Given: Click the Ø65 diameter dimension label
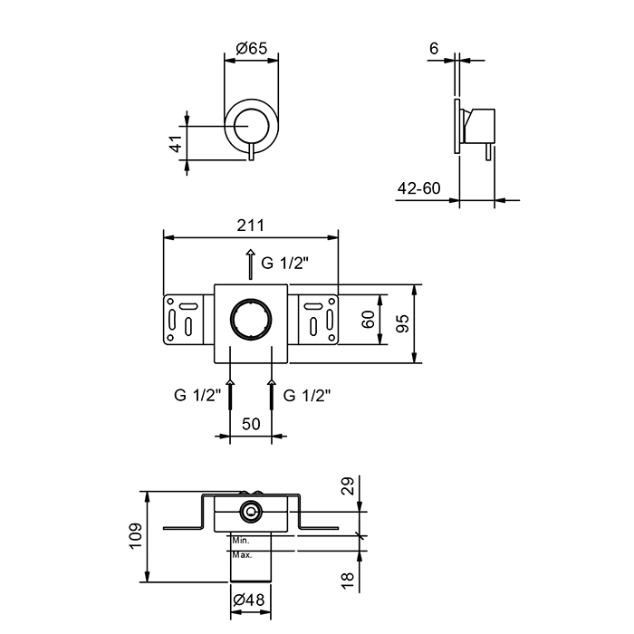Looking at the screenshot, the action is (252, 49).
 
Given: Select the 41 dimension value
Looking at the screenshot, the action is (177, 143).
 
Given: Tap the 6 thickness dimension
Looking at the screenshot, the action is (434, 49).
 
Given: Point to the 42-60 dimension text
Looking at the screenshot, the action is (418, 188).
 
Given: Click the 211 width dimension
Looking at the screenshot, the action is (250, 226).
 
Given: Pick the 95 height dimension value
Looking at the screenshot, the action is (403, 323).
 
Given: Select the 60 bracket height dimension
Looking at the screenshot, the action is (369, 320).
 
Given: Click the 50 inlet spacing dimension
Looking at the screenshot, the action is (251, 424).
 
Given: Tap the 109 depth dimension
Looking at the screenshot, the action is (136, 536).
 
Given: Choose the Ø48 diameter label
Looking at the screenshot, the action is (249, 600).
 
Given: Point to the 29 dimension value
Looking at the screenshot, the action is (347, 485).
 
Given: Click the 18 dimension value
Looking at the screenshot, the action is (347, 581).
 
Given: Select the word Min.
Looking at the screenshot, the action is (241, 541).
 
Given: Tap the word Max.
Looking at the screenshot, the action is (242, 555).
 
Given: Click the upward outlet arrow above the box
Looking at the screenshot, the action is (251, 264).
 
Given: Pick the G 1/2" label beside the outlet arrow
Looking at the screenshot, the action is (284, 264).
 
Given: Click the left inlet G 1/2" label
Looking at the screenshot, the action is (197, 395).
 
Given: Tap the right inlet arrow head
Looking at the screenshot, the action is (272, 382).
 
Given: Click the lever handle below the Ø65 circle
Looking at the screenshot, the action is (251, 151).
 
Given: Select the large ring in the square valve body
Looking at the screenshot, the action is (251, 319).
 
